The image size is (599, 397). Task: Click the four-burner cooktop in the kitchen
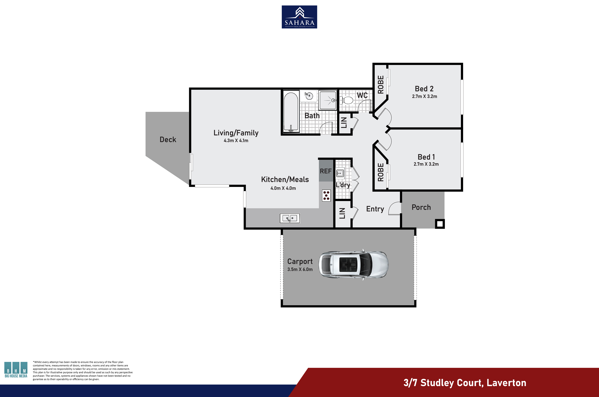coord(326,195)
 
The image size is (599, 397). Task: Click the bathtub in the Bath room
coord(291,112)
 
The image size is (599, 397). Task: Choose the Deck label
coord(168,139)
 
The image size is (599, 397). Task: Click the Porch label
coord(421,207)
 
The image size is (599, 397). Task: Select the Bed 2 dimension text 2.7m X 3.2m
coord(425,97)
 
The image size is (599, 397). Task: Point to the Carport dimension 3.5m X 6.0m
coord(300,269)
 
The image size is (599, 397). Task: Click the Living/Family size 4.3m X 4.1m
coord(236,141)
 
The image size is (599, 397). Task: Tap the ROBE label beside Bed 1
coord(380,172)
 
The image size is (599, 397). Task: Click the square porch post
coord(440,224)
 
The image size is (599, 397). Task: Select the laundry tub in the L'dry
coord(340,173)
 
